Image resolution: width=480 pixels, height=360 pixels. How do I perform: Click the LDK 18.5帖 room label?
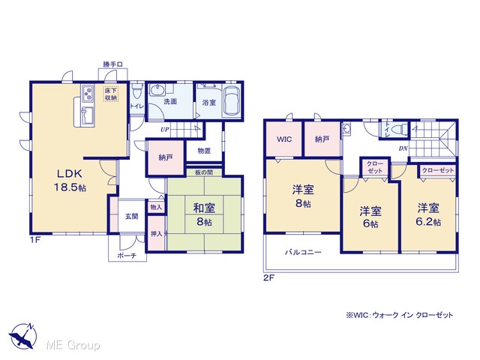click(x=70, y=180)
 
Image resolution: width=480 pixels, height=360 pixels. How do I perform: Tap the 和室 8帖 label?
click(x=204, y=214)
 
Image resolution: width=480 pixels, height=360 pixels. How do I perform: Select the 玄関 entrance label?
click(x=132, y=216)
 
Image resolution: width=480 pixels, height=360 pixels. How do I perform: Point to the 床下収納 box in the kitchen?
click(x=111, y=94)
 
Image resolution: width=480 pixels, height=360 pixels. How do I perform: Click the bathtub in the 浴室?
click(x=232, y=101)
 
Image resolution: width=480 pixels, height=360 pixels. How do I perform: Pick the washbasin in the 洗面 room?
click(x=157, y=91)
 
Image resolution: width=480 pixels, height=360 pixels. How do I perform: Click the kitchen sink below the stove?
click(x=88, y=115)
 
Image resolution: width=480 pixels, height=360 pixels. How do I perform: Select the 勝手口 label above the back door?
click(x=112, y=64)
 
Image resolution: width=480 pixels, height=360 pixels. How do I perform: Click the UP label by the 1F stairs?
click(x=165, y=130)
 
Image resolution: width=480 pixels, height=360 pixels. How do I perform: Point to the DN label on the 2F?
click(x=403, y=148)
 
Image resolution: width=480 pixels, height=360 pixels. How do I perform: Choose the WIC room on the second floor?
click(x=284, y=139)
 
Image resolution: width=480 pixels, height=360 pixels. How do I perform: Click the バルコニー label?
click(x=303, y=252)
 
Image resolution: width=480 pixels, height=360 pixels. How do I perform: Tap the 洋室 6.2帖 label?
click(x=428, y=214)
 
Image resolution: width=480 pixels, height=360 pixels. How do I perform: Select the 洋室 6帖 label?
click(x=370, y=217)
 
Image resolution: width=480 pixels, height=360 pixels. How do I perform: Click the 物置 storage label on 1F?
click(x=204, y=151)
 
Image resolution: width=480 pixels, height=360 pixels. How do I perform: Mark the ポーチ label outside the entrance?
click(x=127, y=255)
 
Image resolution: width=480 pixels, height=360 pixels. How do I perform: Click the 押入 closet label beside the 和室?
click(x=157, y=233)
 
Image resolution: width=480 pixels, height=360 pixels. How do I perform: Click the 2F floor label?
click(x=268, y=278)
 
